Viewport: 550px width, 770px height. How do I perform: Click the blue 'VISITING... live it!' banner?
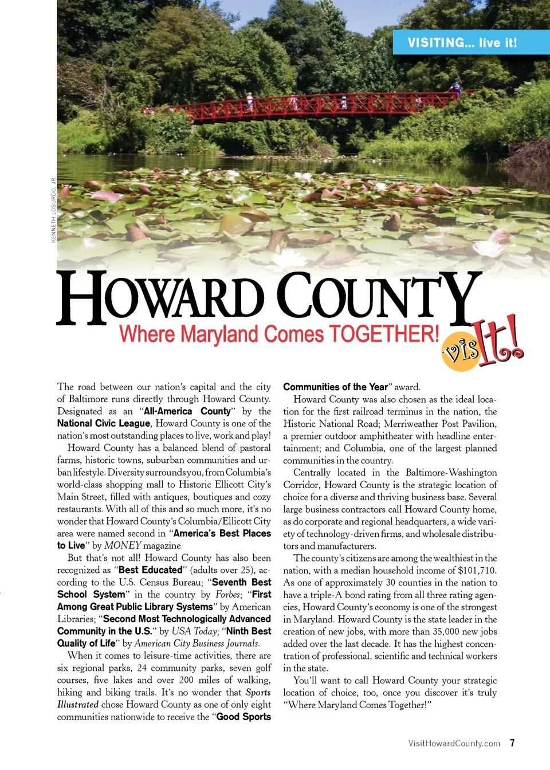point(462,42)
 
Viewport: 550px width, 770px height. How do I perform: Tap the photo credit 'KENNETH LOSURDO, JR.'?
point(53,210)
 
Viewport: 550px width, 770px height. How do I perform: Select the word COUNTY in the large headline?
point(378,297)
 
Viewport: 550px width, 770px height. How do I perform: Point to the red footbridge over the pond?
point(321,106)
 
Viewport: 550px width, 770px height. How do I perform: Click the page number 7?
point(512,743)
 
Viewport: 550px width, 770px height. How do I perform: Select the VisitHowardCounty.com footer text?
point(454,744)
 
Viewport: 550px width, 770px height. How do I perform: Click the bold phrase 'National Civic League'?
point(104,423)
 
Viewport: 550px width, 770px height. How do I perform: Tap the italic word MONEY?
point(122,545)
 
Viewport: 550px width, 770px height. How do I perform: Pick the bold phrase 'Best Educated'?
point(150,570)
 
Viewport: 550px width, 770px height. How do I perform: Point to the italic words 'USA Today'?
point(195,631)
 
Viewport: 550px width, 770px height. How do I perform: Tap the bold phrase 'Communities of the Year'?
point(335,387)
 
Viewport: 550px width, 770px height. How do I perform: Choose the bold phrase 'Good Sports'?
point(243,717)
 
